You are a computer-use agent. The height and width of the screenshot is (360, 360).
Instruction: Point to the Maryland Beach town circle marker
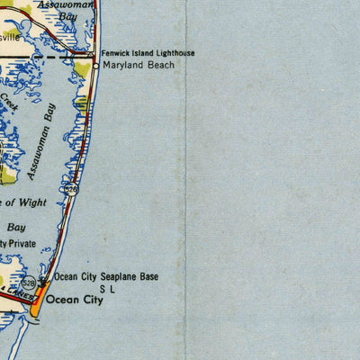coord(96,66)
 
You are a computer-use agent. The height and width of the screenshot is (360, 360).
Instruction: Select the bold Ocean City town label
coord(75,300)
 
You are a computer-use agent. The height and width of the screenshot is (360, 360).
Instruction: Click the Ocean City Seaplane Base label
coord(106,277)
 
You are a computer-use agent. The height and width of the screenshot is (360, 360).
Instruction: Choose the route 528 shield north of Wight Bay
coord(70,190)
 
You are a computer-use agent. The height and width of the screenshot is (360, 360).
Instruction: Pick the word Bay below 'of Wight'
coord(16,228)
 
